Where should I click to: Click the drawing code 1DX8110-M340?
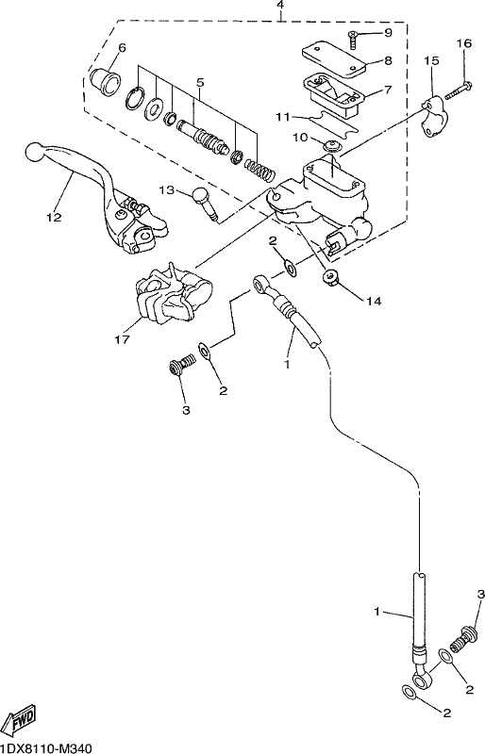point(45,746)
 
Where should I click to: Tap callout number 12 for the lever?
point(55,217)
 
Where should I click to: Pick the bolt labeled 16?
point(454,92)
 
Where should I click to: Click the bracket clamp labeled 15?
point(432,116)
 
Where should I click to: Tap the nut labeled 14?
point(330,278)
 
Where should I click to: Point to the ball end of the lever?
point(35,152)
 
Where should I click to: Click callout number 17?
point(123,339)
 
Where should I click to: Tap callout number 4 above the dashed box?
point(280,6)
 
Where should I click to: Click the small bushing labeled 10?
point(331,144)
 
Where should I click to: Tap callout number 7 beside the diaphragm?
point(388,90)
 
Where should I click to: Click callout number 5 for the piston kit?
point(200,82)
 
